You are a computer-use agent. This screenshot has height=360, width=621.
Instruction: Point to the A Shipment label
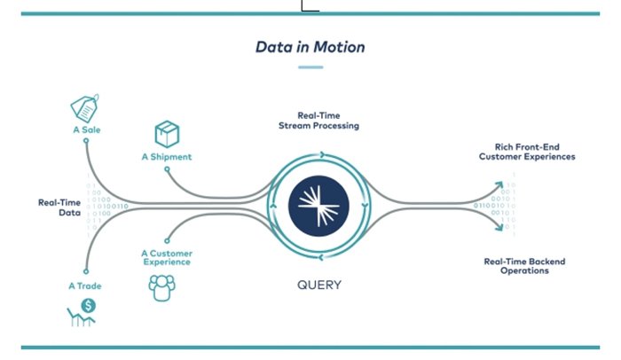click(x=166, y=157)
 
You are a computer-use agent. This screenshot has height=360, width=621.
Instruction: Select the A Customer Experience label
click(x=166, y=257)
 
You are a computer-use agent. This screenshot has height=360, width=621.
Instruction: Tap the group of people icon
click(x=161, y=286)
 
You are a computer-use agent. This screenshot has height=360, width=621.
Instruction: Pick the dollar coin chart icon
click(x=83, y=312)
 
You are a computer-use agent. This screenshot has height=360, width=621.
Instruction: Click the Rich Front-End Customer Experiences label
click(x=527, y=152)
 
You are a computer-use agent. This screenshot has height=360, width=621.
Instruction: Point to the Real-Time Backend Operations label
click(x=524, y=266)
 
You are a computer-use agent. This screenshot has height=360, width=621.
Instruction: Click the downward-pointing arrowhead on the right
click(x=499, y=227)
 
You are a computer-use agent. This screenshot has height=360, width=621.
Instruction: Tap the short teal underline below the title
click(x=310, y=67)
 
